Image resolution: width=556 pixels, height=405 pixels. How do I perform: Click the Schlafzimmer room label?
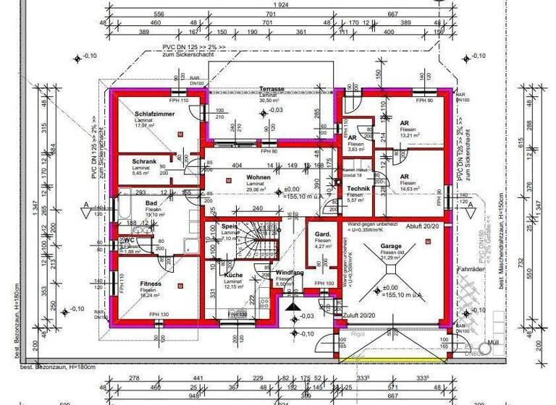150,114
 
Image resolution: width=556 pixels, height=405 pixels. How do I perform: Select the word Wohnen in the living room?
258,177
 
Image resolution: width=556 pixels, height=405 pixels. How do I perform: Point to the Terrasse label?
271,89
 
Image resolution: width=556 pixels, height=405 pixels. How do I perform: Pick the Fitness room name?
151,283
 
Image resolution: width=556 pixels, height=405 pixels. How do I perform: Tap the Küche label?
232,276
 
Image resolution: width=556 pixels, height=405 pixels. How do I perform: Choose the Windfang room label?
289,273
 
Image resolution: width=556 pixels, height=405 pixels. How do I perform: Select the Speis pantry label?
229,227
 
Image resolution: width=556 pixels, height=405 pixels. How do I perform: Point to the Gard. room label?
322,236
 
